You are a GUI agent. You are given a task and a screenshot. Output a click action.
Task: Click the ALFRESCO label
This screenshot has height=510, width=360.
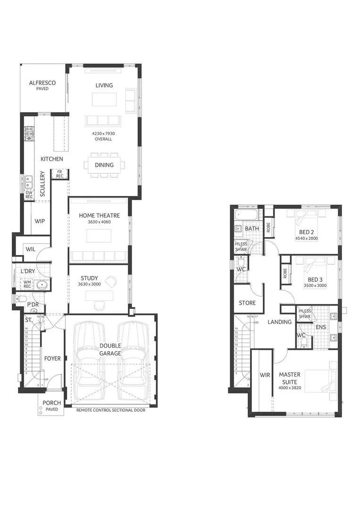[x=42, y=83]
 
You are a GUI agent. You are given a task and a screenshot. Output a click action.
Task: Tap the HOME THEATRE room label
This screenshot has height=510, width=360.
[x=99, y=215]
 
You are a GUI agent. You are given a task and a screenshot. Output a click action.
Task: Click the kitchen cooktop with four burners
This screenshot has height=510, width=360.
[x=29, y=134]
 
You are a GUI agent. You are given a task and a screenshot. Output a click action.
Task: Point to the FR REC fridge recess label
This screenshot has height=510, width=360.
[x=59, y=174]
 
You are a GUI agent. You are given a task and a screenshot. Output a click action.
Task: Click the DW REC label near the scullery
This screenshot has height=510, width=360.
[x=29, y=195]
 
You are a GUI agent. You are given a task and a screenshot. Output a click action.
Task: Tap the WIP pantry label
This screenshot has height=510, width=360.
[x=40, y=221]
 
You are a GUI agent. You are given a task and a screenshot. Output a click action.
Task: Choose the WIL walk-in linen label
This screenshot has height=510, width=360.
[x=31, y=249]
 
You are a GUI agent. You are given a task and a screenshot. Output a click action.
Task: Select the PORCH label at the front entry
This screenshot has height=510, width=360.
[x=52, y=403]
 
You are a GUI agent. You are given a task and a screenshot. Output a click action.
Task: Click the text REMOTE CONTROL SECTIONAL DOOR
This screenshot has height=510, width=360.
[x=111, y=410]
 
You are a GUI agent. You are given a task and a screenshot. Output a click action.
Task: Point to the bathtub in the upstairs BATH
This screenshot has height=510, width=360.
[x=246, y=216]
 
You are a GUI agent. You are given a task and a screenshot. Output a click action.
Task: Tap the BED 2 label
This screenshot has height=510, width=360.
[x=306, y=232]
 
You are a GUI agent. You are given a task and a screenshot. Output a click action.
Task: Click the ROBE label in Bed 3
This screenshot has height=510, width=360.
[x=285, y=273]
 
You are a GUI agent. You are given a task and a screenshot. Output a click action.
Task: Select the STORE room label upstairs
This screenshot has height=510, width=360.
[x=247, y=303]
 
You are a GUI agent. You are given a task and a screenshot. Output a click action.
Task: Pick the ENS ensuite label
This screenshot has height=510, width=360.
[x=320, y=326]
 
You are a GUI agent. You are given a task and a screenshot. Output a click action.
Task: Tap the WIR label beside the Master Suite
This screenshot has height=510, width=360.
[x=265, y=375]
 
